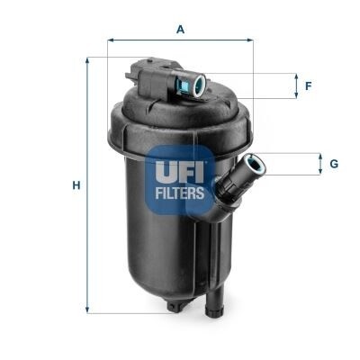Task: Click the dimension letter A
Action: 180,29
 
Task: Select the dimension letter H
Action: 76,185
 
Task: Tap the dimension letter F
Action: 308,86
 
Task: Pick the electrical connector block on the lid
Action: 148,73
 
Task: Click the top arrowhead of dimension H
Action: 88,60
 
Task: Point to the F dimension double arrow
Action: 295,86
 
